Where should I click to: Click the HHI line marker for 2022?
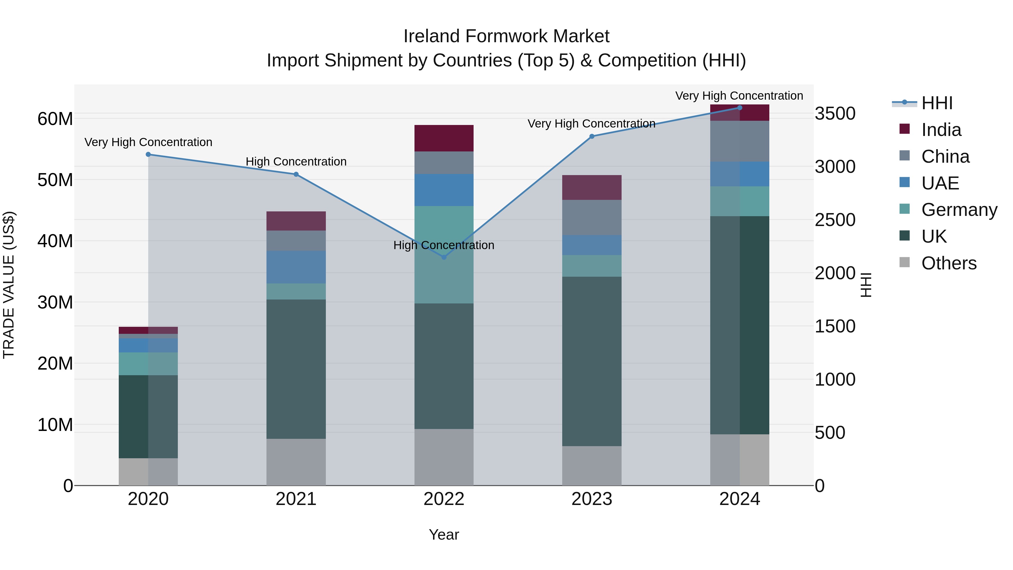pos(444,257)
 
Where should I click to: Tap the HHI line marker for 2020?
pos(148,155)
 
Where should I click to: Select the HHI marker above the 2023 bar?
pos(592,137)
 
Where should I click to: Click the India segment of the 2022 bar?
pos(444,138)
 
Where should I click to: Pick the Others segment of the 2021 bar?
pos(296,462)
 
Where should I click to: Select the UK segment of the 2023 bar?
pos(592,361)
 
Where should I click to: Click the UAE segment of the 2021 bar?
pos(296,267)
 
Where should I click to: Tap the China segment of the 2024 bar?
pos(740,141)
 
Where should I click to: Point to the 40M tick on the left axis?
pos(55,241)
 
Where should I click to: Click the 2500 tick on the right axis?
pos(835,220)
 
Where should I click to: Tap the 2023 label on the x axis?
pos(592,499)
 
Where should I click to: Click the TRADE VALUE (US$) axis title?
pos(9,285)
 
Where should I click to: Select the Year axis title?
pos(444,535)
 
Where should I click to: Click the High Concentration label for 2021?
pos(296,162)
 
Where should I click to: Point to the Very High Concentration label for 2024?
pos(739,96)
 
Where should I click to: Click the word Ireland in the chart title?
pos(431,36)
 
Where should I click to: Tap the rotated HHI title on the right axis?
pos(866,285)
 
